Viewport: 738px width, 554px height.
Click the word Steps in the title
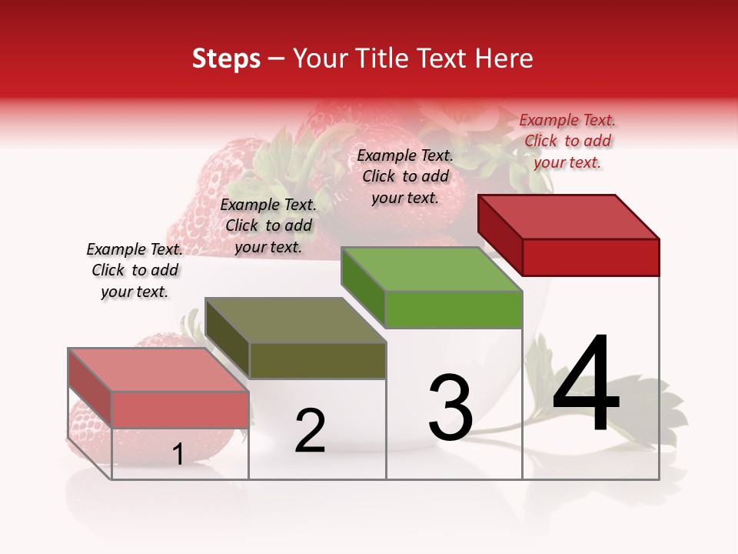tap(226, 58)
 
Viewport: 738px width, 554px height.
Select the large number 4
tap(586, 384)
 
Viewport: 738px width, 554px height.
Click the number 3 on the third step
tap(450, 408)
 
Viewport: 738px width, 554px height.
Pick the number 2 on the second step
tap(310, 431)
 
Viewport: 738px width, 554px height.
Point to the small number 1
tap(178, 455)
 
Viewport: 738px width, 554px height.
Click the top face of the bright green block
tap(430, 269)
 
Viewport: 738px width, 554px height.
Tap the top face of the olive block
tap(295, 320)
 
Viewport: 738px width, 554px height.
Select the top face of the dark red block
tap(569, 216)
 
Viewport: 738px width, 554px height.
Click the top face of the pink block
tap(158, 370)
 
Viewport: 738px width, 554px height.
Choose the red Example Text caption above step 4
tap(567, 141)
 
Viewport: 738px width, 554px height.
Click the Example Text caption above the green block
tap(405, 176)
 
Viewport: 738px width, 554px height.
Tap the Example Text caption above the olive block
tap(268, 225)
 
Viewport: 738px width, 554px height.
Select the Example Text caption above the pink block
tap(135, 270)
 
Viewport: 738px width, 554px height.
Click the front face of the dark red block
tap(590, 257)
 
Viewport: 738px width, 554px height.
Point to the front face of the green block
tap(454, 310)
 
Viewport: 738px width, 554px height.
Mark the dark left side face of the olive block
tap(228, 338)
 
